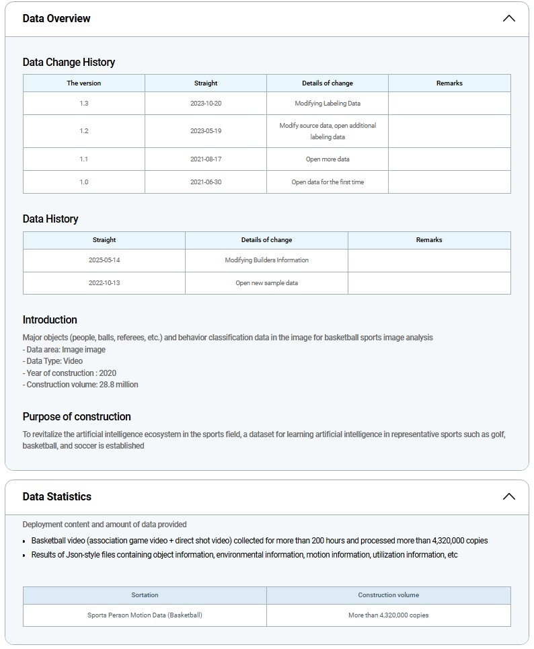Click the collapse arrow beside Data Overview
(x=508, y=18)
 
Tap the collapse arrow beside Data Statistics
(x=508, y=496)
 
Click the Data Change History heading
(x=69, y=62)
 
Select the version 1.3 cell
(x=84, y=104)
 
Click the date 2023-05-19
(x=206, y=131)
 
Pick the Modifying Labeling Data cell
(x=328, y=104)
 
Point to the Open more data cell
(x=328, y=159)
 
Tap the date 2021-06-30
(x=206, y=182)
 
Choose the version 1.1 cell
(x=84, y=159)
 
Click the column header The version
(x=84, y=83)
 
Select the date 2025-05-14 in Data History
(x=104, y=260)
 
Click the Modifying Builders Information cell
(x=266, y=260)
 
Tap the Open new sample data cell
(x=266, y=283)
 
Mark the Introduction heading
(x=50, y=319)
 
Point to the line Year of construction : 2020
(x=69, y=373)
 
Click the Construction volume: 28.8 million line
(x=81, y=385)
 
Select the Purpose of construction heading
(x=77, y=416)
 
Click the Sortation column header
(x=145, y=595)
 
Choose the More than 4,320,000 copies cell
(x=388, y=615)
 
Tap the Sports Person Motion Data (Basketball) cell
(x=145, y=615)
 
